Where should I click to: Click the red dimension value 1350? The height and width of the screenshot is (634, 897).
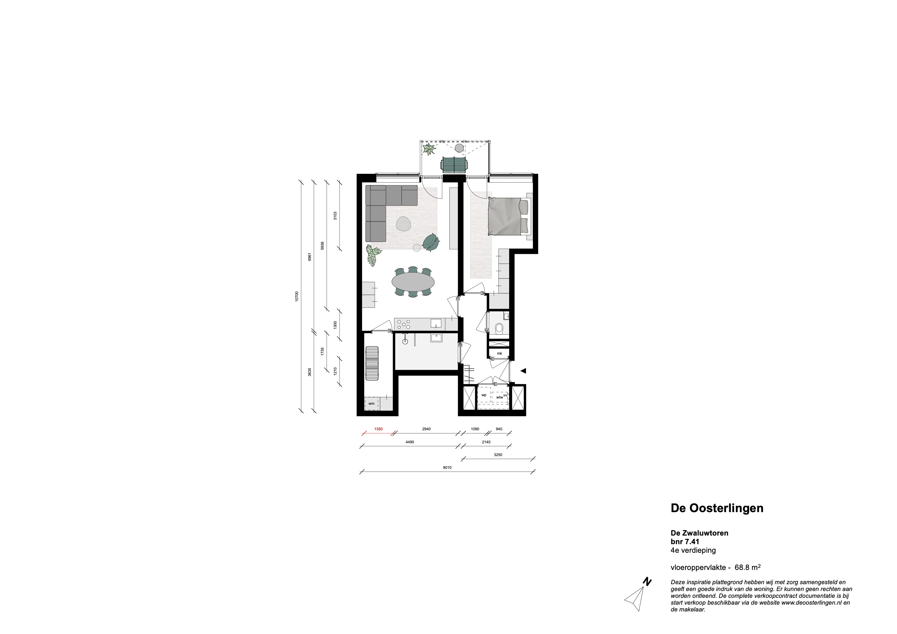pyautogui.click(x=378, y=429)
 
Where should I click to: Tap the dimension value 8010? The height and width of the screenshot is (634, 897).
pyautogui.click(x=447, y=468)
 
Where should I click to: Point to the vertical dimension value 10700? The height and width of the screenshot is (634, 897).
pyautogui.click(x=297, y=296)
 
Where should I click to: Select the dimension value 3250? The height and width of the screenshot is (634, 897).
pyautogui.click(x=498, y=455)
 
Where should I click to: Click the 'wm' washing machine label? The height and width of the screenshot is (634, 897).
pyautogui.click(x=371, y=404)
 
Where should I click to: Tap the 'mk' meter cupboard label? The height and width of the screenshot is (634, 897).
pyautogui.click(x=499, y=353)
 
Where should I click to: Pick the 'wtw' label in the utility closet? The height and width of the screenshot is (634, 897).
pyautogui.click(x=499, y=397)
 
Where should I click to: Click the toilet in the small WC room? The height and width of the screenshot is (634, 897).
pyautogui.click(x=499, y=329)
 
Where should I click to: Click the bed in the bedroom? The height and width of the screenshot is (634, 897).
pyautogui.click(x=508, y=216)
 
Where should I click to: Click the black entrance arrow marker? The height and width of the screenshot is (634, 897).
pyautogui.click(x=523, y=371)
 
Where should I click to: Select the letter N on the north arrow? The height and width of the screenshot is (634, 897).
pyautogui.click(x=647, y=593)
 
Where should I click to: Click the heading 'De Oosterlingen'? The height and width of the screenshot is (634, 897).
pyautogui.click(x=717, y=508)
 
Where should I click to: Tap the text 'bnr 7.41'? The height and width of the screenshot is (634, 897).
pyautogui.click(x=685, y=541)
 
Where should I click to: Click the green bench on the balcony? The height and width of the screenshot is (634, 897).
pyautogui.click(x=454, y=165)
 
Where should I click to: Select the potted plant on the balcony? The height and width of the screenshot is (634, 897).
pyautogui.click(x=429, y=149)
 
